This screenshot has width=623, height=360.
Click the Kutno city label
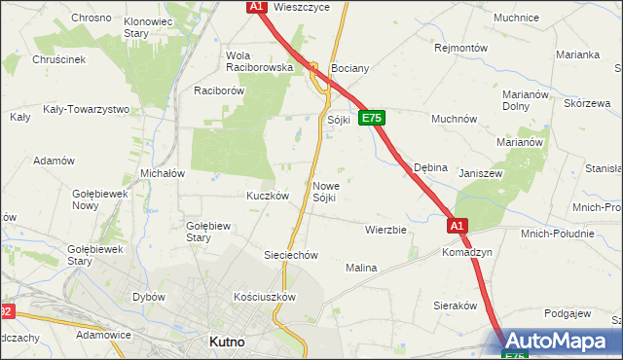coord(227,342)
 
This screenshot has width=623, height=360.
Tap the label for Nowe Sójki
coord(325,192)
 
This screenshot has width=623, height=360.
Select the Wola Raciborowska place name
coord(259,61)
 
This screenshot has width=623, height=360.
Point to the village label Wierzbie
coord(385,230)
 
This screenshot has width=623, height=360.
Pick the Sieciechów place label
coord(292,255)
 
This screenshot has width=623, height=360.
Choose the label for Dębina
coord(430,167)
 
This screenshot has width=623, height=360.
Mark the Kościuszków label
coord(264,296)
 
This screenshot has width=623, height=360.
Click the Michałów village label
coord(163,172)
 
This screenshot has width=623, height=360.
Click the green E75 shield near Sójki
coord(372,118)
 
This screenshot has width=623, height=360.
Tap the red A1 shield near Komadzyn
coord(458,226)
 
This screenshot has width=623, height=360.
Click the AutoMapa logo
coord(562,341)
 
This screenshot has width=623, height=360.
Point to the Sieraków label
coord(453,305)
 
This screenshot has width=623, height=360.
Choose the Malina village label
coord(360,267)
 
